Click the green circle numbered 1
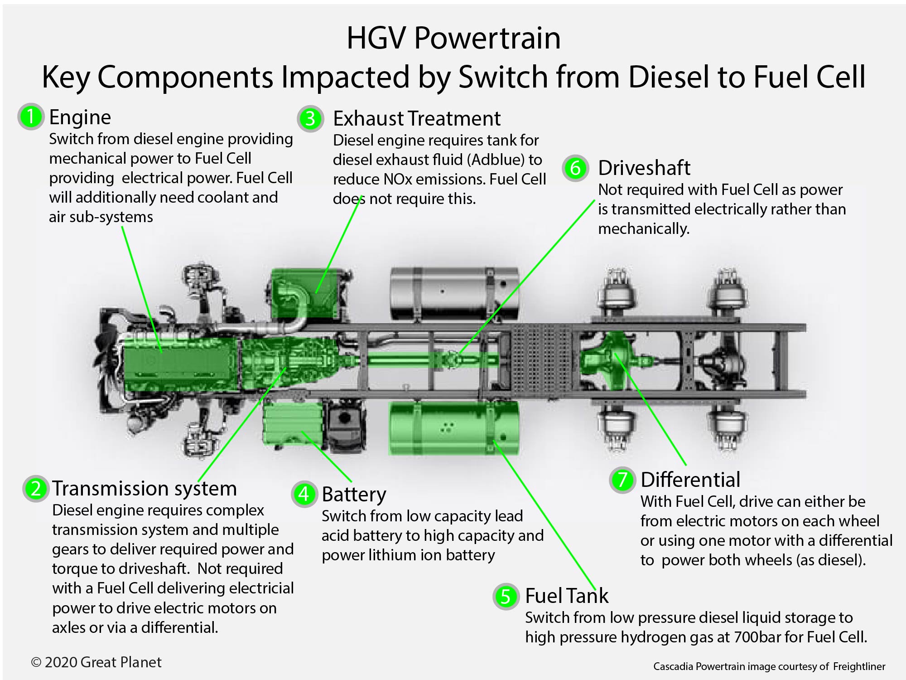click(x=30, y=117)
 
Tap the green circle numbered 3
click(x=310, y=119)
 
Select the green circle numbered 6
click(x=575, y=168)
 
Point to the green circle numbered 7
click(x=622, y=480)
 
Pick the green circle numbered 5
click(x=506, y=596)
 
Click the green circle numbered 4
click(x=304, y=494)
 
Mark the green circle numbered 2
click(x=35, y=489)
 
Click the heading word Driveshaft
click(x=644, y=168)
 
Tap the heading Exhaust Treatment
click(x=416, y=119)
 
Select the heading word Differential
click(x=690, y=480)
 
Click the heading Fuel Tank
click(x=566, y=596)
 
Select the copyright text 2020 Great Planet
click(x=102, y=662)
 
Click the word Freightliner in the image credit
click(x=859, y=666)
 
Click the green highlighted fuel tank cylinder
click(x=453, y=428)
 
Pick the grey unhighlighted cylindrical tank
click(x=453, y=294)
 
